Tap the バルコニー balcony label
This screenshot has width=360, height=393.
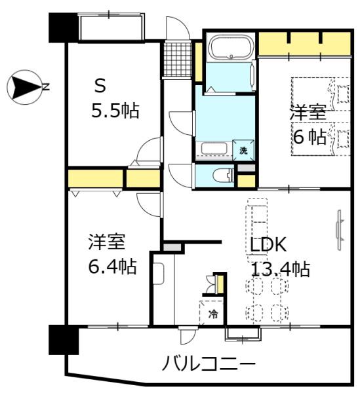209,362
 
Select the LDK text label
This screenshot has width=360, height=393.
268,245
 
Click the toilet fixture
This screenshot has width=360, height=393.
221,175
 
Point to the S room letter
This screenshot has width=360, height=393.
100,85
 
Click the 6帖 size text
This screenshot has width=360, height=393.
309,136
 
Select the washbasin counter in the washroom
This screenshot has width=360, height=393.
214,148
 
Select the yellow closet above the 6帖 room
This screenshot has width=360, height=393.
303,43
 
